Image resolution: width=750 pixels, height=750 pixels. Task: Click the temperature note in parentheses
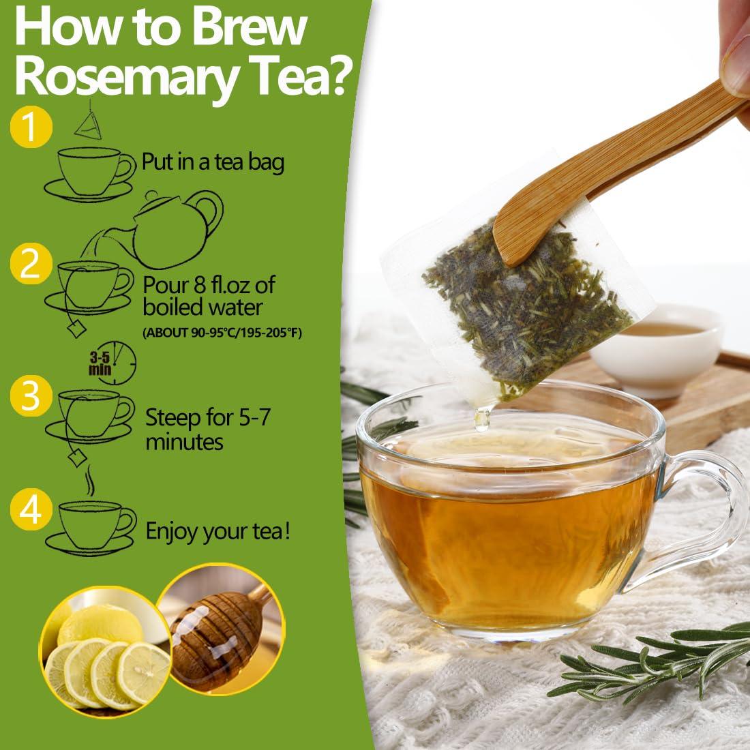click(x=222, y=333)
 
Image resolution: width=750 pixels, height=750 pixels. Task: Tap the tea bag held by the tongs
click(x=525, y=286)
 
